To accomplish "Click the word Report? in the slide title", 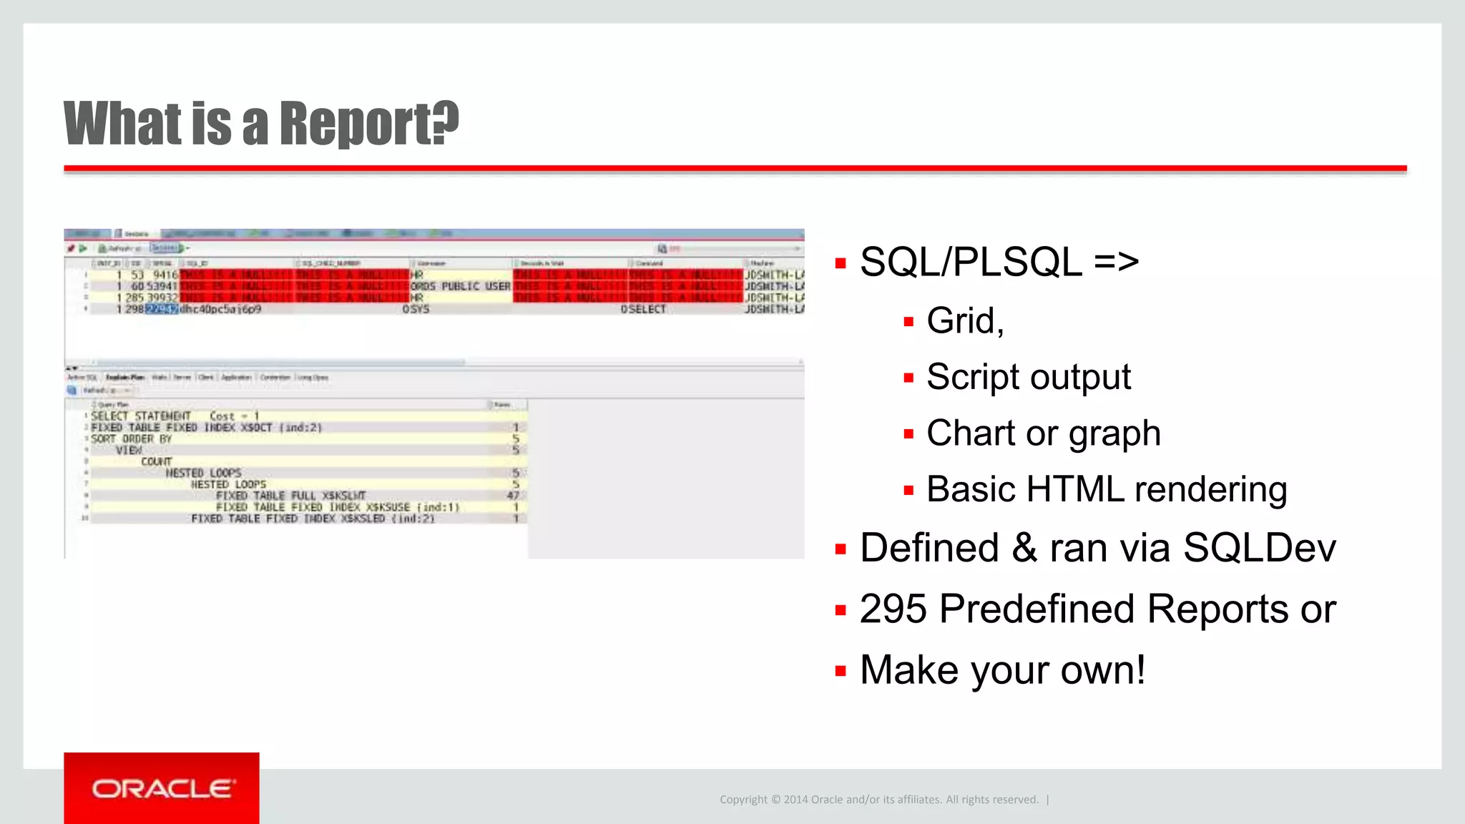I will tap(368, 124).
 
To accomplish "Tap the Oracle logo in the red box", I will tap(162, 789).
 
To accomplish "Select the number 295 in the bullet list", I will tap(893, 609).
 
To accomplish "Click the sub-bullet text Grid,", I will tap(965, 321).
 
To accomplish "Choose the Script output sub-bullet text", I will tap(1028, 378).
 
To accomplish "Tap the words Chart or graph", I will tap(1043, 433).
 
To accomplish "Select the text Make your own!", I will tap(1002, 671).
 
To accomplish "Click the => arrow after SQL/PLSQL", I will tap(1116, 262).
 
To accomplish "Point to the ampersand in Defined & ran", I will tap(1024, 549).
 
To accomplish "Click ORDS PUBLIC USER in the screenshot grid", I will tap(460, 286).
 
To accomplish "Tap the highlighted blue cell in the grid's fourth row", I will tap(162, 309).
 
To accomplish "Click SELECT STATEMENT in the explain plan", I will tap(141, 416).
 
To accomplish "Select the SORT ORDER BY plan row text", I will tap(132, 439).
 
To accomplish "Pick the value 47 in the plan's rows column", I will tap(513, 496).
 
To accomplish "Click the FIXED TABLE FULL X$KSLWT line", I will tap(290, 496).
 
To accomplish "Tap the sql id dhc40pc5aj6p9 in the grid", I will tap(220, 309).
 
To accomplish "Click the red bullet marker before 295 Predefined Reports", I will tap(841, 610).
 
